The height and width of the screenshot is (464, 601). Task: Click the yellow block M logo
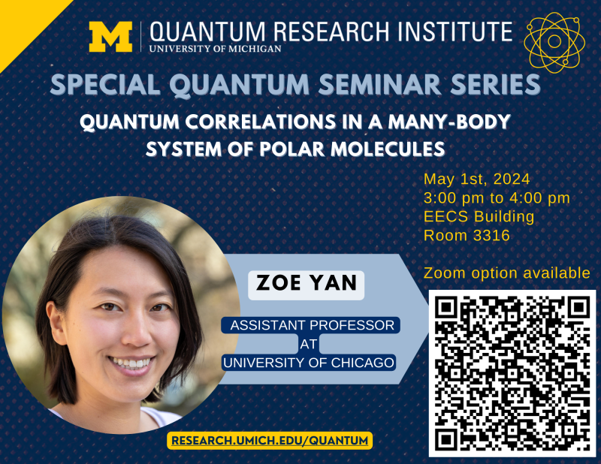pos(110,37)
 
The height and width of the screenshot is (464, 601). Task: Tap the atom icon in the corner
pos(554,41)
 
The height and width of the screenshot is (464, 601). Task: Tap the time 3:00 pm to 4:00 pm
pos(497,198)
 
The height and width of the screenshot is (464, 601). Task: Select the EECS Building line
pos(479,217)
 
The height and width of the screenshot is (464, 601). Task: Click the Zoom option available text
pos(507,273)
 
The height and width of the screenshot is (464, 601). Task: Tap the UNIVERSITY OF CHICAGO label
pos(309,362)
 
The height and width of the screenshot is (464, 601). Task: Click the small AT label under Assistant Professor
pos(309,344)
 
